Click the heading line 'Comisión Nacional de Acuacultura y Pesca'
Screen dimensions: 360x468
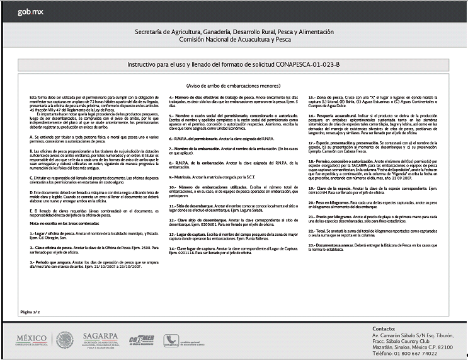tap(234, 40)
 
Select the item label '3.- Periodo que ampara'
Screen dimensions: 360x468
tap(53, 260)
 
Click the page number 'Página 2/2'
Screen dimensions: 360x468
tap(31, 311)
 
